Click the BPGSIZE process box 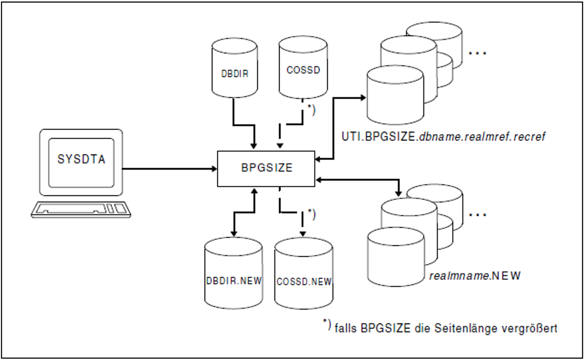pos(266,168)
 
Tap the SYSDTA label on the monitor pos(81,159)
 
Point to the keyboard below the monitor pos(81,209)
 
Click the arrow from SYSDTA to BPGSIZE pos(169,169)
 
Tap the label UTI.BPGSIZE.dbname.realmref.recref pos(443,137)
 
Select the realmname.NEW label pos(475,276)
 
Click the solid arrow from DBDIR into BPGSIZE pos(244,124)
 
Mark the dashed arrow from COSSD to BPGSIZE pos(291,124)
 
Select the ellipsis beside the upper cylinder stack pos(477,53)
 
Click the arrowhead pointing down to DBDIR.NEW pos(234,233)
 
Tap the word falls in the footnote pos(346,328)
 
